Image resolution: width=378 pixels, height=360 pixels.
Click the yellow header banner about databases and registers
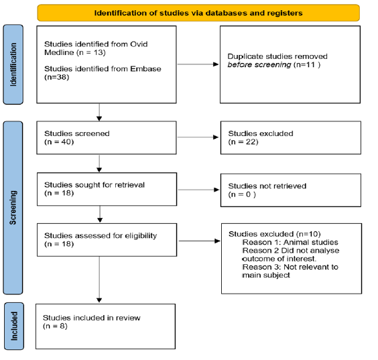(x=198, y=13)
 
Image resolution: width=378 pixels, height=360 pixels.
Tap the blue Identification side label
(x=13, y=64)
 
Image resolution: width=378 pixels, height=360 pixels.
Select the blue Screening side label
(x=13, y=208)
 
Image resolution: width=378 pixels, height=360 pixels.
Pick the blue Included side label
(x=14, y=326)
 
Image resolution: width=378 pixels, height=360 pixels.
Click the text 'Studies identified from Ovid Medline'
(x=96, y=48)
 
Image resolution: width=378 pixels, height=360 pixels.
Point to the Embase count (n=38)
(x=57, y=77)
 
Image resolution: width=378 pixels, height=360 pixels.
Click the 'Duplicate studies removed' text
(x=277, y=56)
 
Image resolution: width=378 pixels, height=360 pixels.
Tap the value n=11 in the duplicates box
(x=307, y=64)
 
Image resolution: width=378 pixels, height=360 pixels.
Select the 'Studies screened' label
(x=77, y=133)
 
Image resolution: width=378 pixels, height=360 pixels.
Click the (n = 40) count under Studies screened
(x=59, y=141)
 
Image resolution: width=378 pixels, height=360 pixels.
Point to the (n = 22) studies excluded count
(x=243, y=141)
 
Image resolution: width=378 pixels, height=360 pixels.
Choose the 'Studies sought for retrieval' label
(x=94, y=185)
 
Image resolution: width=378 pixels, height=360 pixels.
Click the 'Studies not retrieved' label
(x=267, y=186)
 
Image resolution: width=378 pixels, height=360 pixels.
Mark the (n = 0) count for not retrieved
(x=242, y=194)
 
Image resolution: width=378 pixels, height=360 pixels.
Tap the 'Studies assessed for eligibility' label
(x=101, y=235)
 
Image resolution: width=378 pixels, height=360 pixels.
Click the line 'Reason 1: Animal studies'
(x=290, y=242)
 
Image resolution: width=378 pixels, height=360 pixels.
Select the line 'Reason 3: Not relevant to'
(x=290, y=267)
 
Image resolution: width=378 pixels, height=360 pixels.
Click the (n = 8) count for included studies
(x=55, y=326)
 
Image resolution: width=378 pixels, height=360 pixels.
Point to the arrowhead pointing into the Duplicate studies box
(x=216, y=64)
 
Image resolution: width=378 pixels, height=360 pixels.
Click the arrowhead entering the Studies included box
(x=99, y=300)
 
